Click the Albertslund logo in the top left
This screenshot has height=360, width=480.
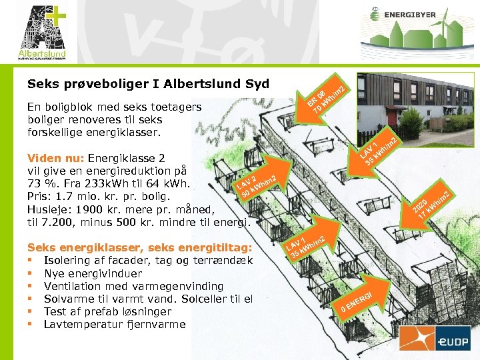point(42,31)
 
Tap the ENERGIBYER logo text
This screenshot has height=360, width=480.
point(412,14)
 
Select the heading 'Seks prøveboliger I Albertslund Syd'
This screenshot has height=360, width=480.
point(148,84)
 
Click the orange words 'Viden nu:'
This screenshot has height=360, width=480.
point(56,158)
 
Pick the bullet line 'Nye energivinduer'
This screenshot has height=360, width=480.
point(93,273)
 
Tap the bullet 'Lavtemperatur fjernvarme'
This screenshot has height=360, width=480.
point(115,324)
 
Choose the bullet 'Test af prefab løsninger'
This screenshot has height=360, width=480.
point(107,311)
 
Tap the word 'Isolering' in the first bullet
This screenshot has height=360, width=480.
point(68,260)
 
